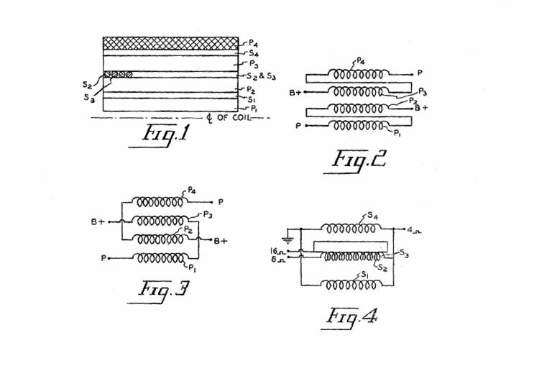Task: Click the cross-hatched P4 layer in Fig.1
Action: [x=170, y=43]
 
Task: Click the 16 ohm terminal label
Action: [x=276, y=252]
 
